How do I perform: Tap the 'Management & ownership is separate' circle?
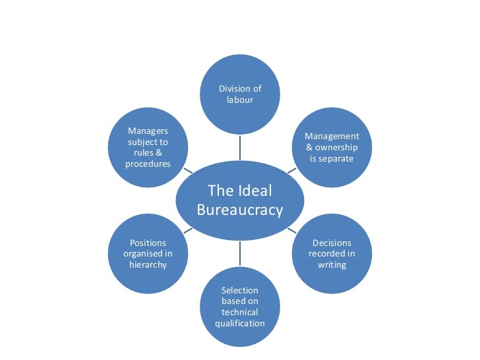coord(332,148)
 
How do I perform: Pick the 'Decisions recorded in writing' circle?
coord(332,253)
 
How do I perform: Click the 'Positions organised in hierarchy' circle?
coord(148,253)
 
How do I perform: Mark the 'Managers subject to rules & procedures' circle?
coord(148,148)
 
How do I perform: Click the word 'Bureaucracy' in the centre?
coord(240,210)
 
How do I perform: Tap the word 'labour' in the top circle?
coord(240,100)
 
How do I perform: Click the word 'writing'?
coord(332,264)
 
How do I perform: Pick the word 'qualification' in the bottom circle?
coord(240,323)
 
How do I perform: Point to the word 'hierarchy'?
coord(148,264)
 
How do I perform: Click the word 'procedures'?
coord(148,164)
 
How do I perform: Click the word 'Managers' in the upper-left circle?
coord(148,131)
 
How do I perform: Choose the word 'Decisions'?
coord(332,243)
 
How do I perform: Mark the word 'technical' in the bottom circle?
coord(240,312)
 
